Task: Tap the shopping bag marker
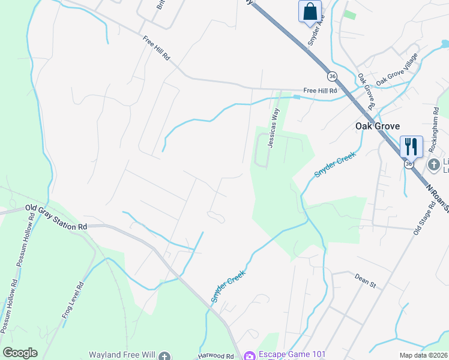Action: point(310,11)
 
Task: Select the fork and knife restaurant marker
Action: point(411,145)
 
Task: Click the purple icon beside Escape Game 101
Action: point(249,355)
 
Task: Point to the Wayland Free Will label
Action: point(122,355)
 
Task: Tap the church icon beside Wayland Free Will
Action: point(165,356)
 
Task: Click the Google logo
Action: point(20,353)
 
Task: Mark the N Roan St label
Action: point(436,198)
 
